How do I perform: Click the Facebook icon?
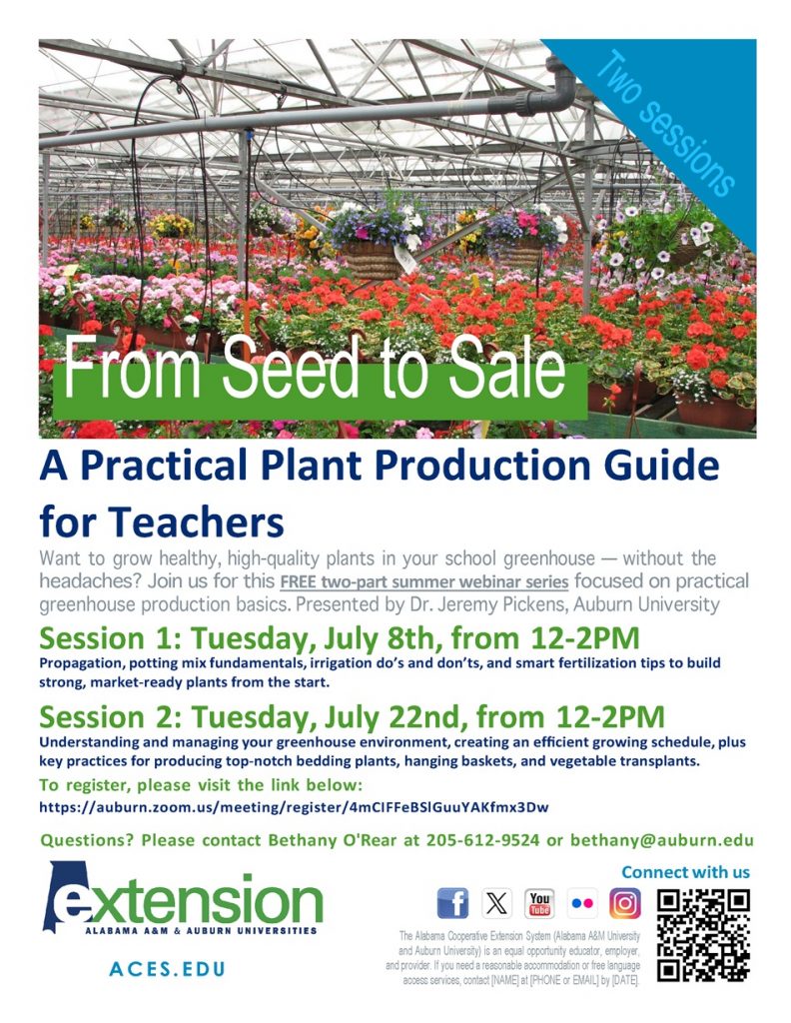pos(452,903)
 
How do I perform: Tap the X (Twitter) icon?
pos(496,903)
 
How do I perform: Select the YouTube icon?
pos(539,903)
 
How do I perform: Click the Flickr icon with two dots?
pos(582,903)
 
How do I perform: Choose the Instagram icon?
pos(625,903)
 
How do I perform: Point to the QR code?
pos(703,936)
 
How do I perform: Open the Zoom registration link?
pos(294,807)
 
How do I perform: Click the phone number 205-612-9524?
pos(483,840)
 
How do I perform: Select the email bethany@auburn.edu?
pos(662,840)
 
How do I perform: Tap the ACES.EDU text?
pos(167,969)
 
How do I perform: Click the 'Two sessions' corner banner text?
pos(666,123)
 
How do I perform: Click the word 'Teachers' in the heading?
pos(197,522)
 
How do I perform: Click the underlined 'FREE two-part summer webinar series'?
pos(424,581)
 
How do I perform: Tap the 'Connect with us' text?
pos(685,872)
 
